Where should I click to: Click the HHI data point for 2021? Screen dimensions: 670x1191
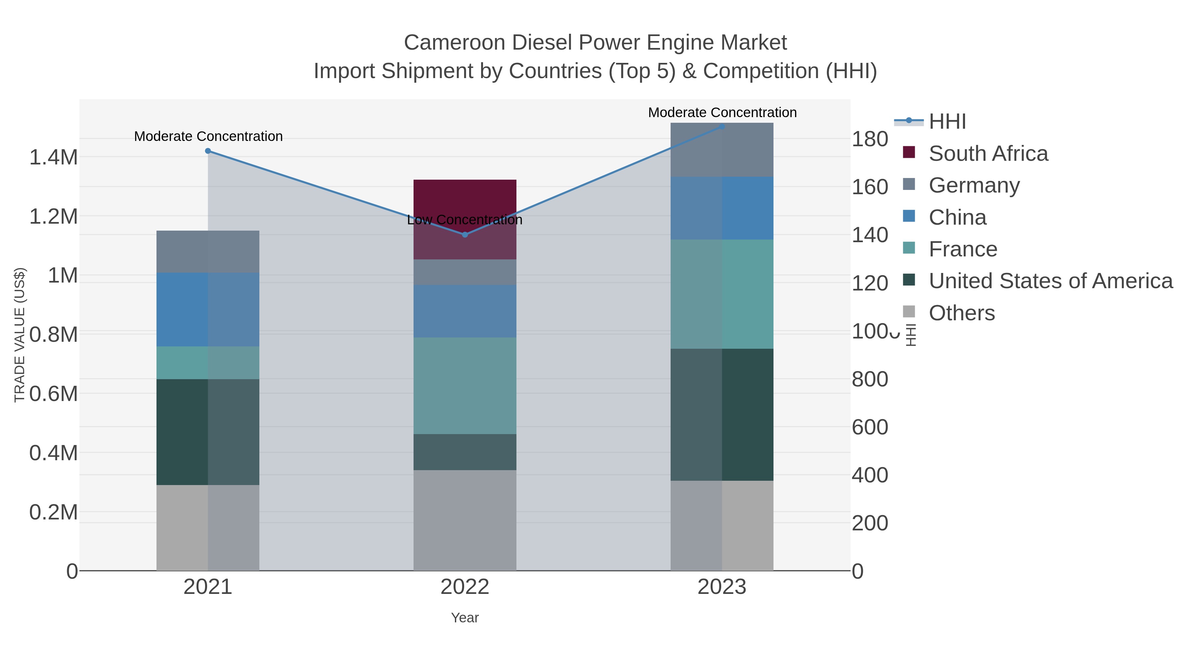208,151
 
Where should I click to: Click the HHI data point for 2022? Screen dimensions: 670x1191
465,235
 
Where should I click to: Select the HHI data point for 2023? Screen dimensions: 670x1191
722,127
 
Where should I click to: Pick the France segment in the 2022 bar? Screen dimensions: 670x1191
465,386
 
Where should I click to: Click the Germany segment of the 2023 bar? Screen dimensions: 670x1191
722,150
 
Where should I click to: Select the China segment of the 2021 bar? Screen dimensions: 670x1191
208,309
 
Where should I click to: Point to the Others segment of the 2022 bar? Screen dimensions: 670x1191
465,520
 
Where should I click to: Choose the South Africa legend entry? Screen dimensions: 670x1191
988,154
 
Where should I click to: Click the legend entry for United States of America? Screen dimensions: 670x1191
1050,281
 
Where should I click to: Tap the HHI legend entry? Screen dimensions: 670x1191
948,122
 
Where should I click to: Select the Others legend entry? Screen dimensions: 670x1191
962,313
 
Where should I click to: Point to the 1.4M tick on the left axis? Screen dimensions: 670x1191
54,157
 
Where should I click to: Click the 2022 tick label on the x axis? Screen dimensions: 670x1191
465,587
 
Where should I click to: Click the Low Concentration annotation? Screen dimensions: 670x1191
465,220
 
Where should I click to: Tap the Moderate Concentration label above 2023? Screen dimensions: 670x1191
722,113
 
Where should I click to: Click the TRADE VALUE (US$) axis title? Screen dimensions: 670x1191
20,335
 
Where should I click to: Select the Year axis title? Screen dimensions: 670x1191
465,618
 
